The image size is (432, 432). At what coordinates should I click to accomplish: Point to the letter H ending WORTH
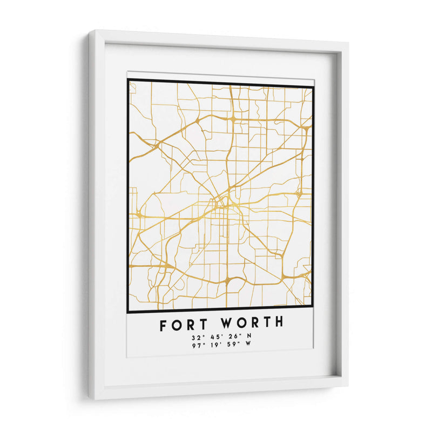278,323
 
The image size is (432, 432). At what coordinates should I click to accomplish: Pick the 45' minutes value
214,337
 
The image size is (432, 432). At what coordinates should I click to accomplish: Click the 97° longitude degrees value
197,346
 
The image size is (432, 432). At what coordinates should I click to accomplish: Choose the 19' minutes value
214,346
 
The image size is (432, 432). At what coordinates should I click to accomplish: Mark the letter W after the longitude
249,346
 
